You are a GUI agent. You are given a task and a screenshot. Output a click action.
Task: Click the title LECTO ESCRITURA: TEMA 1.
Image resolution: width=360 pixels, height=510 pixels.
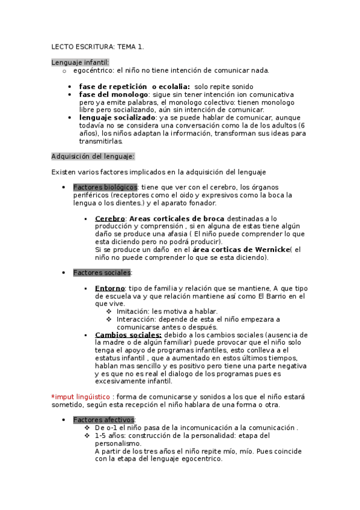click(97, 46)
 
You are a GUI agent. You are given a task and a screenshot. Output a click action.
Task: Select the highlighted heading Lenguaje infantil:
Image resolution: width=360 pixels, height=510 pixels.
click(80, 62)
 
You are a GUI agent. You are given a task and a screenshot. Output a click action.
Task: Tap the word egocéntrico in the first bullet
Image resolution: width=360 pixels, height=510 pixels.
click(93, 70)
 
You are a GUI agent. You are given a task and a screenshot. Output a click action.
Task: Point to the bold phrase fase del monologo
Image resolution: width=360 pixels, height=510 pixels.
click(113, 94)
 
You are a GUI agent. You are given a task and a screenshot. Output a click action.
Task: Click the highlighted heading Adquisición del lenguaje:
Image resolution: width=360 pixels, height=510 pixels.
click(93, 156)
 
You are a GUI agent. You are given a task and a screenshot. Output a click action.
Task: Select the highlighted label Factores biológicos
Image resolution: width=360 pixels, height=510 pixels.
click(105, 188)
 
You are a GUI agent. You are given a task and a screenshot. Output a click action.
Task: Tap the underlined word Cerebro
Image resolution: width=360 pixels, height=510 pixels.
click(110, 218)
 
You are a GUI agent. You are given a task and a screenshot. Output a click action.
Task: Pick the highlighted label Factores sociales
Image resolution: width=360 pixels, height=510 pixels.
click(102, 272)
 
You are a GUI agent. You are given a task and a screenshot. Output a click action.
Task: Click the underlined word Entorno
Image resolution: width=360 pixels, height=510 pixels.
click(110, 289)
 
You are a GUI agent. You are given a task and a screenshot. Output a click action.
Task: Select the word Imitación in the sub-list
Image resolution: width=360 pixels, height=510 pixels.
click(132, 312)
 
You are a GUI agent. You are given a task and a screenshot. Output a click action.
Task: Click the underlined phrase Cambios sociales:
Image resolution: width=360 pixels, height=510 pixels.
click(128, 335)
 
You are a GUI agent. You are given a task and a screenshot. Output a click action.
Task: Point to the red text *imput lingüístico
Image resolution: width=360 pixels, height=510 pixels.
click(81, 397)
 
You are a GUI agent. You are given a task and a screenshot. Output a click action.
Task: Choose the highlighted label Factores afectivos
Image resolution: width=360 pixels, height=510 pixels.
click(104, 420)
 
